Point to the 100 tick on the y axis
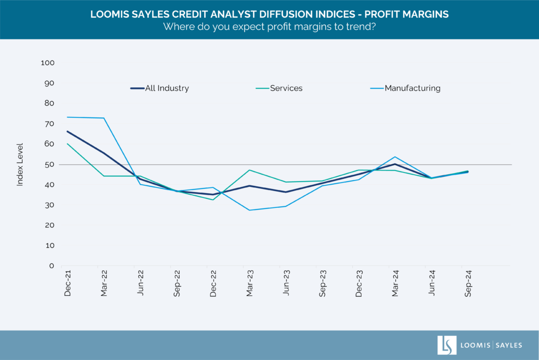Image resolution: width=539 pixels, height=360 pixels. click(x=47, y=63)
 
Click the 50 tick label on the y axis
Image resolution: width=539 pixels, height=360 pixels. click(x=49, y=164)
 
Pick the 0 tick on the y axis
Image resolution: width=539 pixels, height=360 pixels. click(x=52, y=266)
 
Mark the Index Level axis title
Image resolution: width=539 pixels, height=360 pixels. click(x=21, y=164)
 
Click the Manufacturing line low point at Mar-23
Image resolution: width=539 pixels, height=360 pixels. click(x=249, y=210)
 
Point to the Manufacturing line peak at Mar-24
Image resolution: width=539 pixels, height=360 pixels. click(x=395, y=157)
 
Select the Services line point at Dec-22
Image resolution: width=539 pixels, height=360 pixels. click(x=213, y=200)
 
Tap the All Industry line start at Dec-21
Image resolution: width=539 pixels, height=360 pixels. click(x=67, y=132)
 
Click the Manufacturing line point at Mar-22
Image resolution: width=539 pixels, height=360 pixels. click(x=104, y=118)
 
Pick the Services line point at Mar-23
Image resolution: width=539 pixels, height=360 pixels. click(x=249, y=170)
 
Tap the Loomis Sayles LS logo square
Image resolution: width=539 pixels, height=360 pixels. click(x=447, y=345)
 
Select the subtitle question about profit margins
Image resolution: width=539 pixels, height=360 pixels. click(x=269, y=27)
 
